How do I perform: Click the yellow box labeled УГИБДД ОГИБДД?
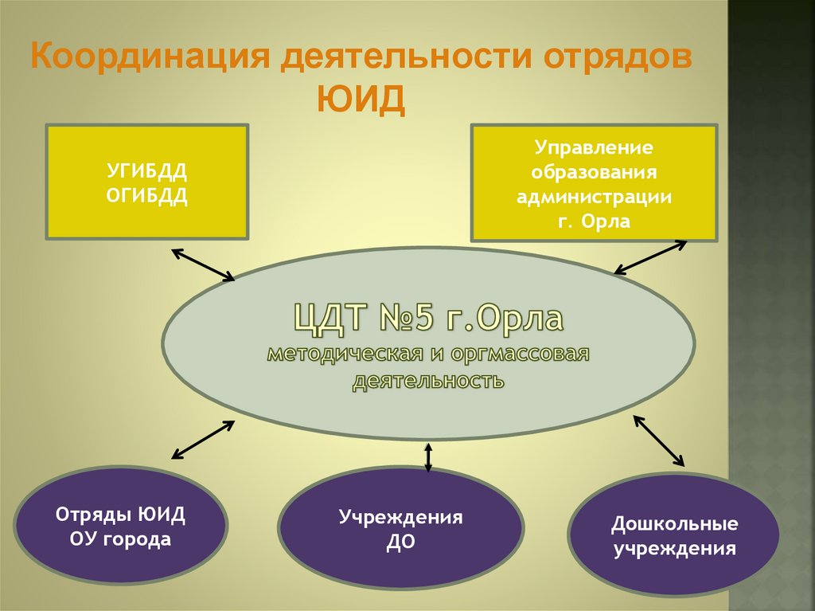click(x=146, y=181)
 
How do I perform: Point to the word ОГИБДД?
click(x=147, y=196)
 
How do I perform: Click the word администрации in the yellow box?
click(x=594, y=196)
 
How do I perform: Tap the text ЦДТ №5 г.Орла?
click(x=428, y=319)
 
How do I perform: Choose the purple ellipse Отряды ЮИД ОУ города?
click(x=121, y=527)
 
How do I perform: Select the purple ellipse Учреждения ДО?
click(x=400, y=528)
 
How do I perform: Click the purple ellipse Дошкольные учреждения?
click(x=674, y=536)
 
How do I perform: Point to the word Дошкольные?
click(x=674, y=524)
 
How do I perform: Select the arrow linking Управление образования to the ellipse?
click(x=650, y=257)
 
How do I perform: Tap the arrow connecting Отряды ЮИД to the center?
click(x=203, y=440)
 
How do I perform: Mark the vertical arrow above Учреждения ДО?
click(x=428, y=456)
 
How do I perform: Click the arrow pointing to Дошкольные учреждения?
click(x=658, y=440)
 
